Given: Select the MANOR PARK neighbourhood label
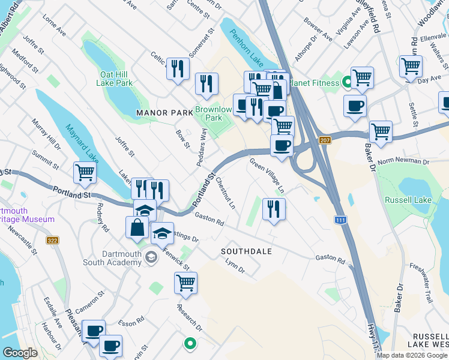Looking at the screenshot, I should (163, 112).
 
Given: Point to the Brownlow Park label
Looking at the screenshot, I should (213, 114).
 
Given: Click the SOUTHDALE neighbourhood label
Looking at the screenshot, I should (247, 251).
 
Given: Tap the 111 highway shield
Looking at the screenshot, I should (340, 221).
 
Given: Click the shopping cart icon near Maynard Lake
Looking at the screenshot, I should (85, 173).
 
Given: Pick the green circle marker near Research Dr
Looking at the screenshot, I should (190, 344).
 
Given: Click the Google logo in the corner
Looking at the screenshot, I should (20, 353).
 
